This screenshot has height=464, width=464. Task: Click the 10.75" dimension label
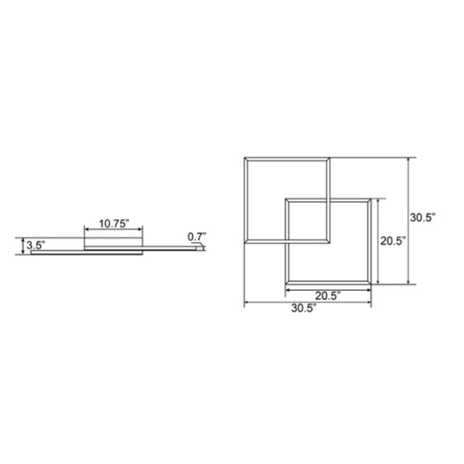(114, 224)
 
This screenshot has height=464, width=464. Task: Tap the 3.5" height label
(35, 245)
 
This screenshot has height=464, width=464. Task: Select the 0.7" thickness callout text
(197, 237)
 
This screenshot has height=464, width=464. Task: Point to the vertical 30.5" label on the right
(422, 217)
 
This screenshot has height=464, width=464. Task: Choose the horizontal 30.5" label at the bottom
(304, 308)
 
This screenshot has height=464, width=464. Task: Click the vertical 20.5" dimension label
(392, 241)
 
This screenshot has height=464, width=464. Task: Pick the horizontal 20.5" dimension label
(328, 295)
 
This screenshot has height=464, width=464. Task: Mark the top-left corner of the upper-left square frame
(245, 158)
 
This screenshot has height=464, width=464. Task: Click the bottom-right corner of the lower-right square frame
(371, 285)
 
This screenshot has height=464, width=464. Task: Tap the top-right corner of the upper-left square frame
(330, 158)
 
